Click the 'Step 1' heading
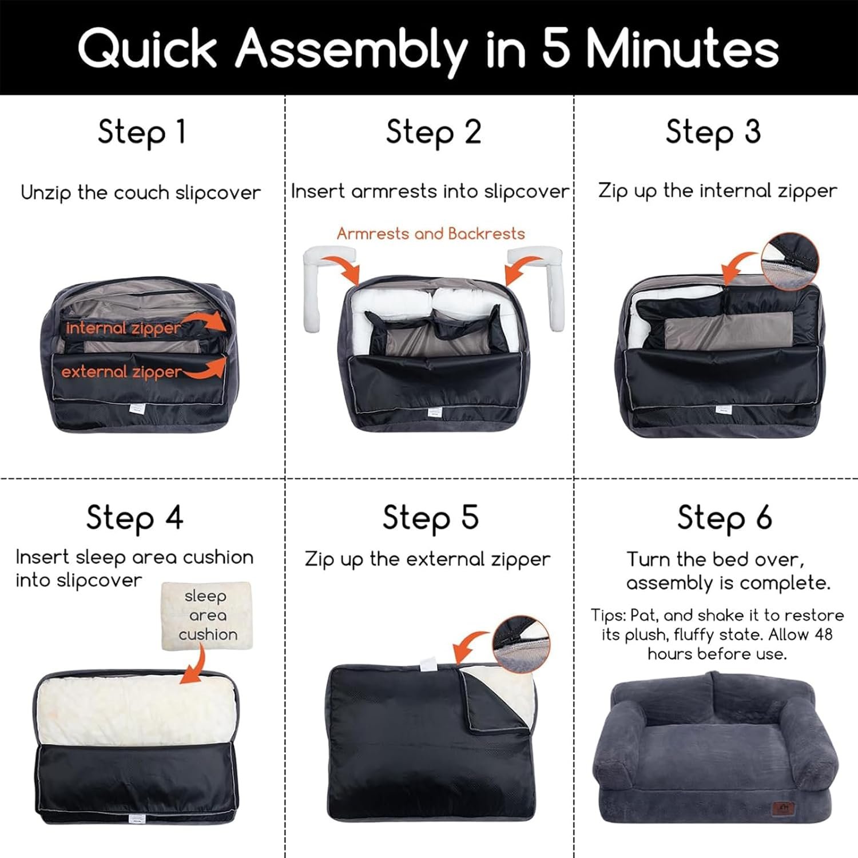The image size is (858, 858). (142, 133)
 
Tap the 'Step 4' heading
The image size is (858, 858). (135, 518)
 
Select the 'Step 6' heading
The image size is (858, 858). (725, 518)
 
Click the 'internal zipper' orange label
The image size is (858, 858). (124, 328)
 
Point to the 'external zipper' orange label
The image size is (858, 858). (122, 372)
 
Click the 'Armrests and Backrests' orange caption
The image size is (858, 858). (431, 233)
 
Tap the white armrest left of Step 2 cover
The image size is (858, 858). (323, 286)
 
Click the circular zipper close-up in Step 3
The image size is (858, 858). (789, 260)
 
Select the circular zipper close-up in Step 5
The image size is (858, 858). (521, 644)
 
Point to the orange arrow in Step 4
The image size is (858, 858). (194, 664)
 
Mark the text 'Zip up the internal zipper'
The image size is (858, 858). (717, 191)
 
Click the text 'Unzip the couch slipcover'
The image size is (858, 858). (141, 193)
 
